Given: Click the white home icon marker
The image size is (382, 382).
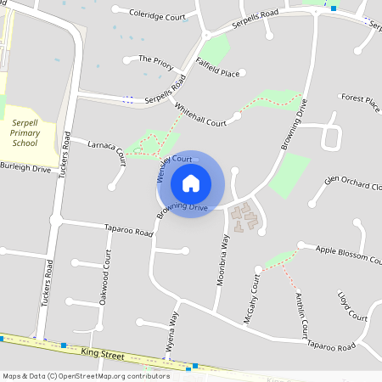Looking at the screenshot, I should coord(191,183).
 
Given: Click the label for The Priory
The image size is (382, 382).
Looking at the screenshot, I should coord(155,60).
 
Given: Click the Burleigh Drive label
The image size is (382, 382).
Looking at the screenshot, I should coord(25,169).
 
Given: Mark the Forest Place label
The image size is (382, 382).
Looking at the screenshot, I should coord(360,100).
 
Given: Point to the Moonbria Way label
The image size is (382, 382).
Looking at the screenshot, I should coord(222,259).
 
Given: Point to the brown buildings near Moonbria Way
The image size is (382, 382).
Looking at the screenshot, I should coord(245,220).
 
